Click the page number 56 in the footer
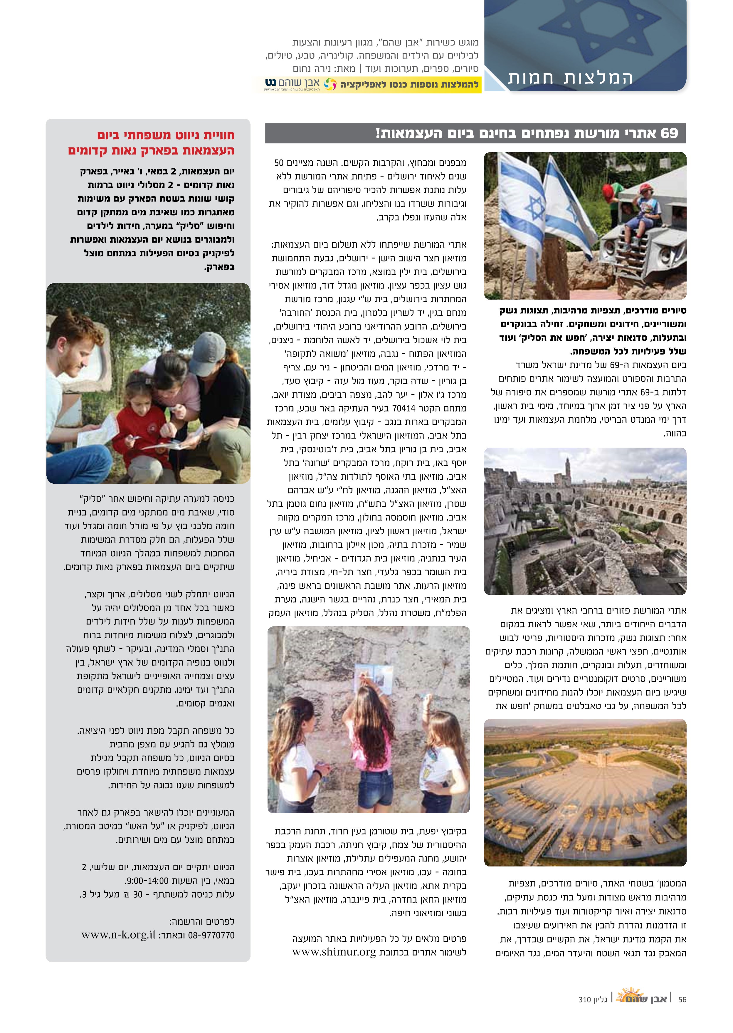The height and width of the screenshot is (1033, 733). [682, 999]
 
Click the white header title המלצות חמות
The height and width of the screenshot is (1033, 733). [571, 78]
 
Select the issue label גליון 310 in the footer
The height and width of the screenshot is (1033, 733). [592, 1000]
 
